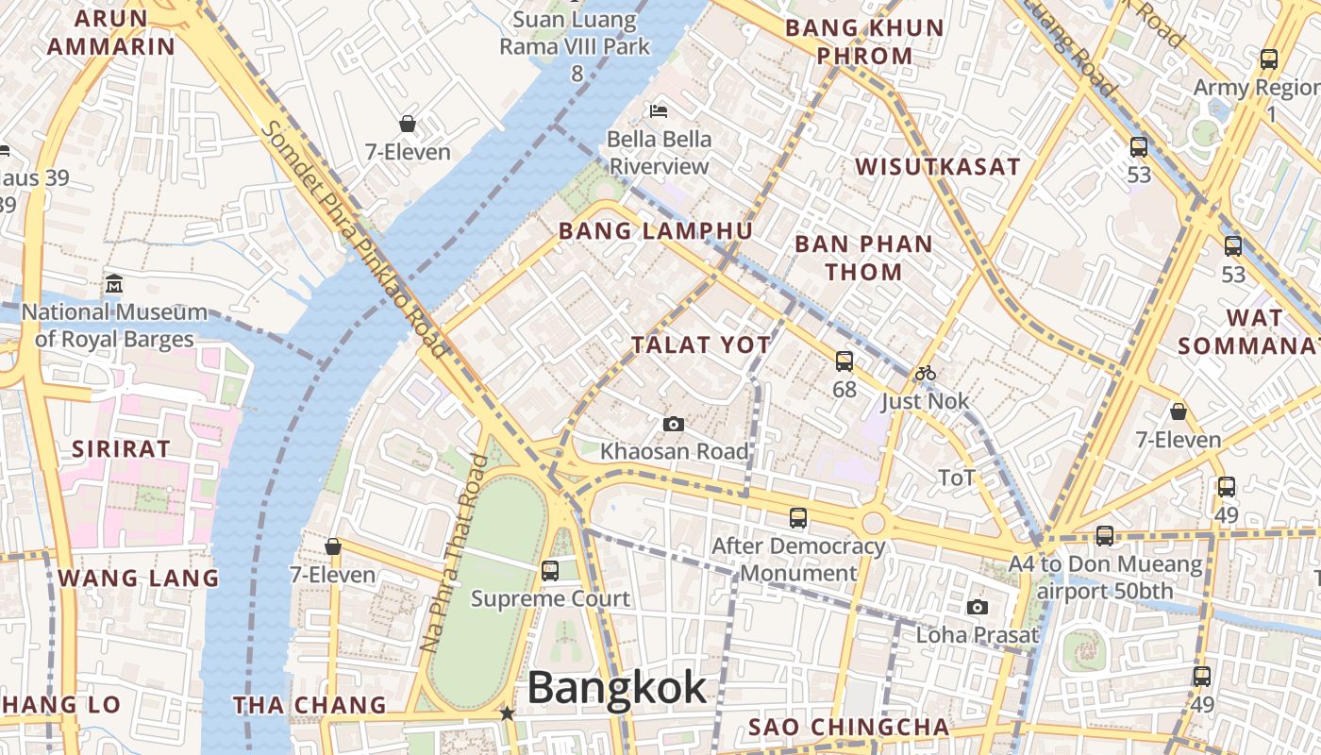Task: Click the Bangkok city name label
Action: click(x=616, y=687)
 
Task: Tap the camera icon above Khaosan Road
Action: click(x=674, y=425)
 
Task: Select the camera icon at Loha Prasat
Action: click(x=978, y=608)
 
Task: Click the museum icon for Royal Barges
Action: click(x=114, y=283)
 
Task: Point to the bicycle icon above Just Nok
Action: click(x=925, y=374)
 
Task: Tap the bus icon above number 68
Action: click(x=844, y=361)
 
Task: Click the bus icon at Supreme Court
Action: click(x=550, y=571)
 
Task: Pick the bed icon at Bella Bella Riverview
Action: click(x=659, y=111)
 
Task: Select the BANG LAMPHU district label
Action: click(x=656, y=231)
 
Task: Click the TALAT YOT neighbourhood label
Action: click(x=701, y=345)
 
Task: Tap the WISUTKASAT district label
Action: click(x=938, y=167)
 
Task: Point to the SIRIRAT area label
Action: click(x=121, y=449)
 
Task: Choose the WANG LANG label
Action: click(x=138, y=578)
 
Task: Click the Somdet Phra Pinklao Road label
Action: click(x=355, y=240)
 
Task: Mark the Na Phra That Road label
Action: click(x=456, y=554)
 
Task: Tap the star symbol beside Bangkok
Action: click(x=508, y=713)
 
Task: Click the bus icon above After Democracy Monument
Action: click(x=798, y=517)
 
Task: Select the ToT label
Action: click(x=956, y=478)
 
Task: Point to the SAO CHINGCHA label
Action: click(x=848, y=727)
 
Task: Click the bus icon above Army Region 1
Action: click(x=1269, y=59)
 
